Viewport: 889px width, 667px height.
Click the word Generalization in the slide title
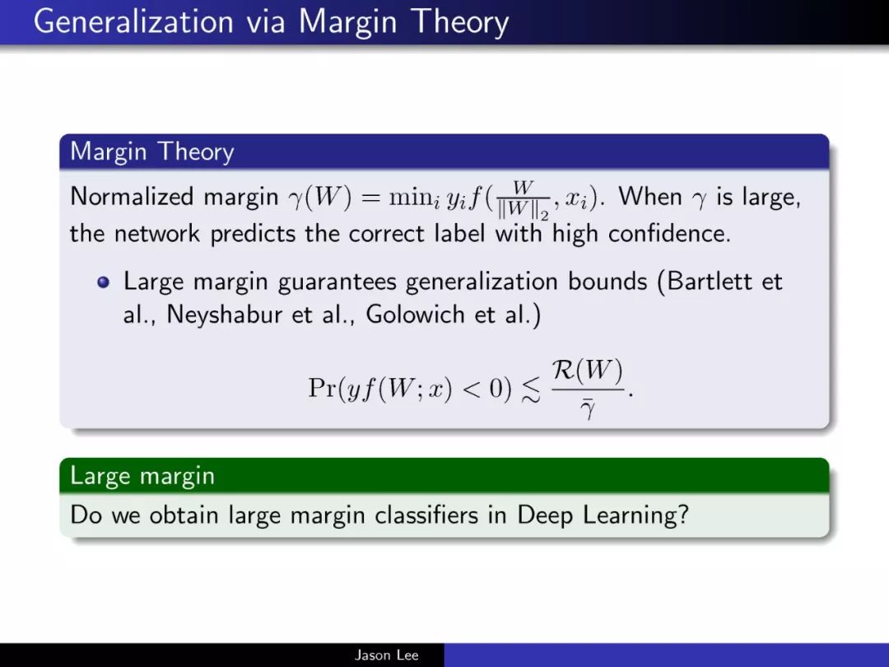(133, 22)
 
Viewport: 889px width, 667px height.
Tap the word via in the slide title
(265, 22)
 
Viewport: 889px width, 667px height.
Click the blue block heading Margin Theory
(152, 152)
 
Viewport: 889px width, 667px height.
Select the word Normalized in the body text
(132, 196)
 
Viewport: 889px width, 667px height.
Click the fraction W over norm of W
(523, 199)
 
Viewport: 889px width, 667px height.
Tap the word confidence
(669, 233)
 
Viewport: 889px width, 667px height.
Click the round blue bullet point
(103, 282)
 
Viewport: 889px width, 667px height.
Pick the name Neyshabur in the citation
(225, 315)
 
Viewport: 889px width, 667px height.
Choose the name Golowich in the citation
(415, 315)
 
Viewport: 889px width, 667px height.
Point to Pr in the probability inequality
(322, 389)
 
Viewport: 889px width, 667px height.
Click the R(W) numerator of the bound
(588, 371)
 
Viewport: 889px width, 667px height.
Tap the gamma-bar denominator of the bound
(588, 409)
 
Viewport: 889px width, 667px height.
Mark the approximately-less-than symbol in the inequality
(531, 390)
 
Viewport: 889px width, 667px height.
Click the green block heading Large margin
(142, 475)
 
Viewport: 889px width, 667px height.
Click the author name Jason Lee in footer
(387, 655)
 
